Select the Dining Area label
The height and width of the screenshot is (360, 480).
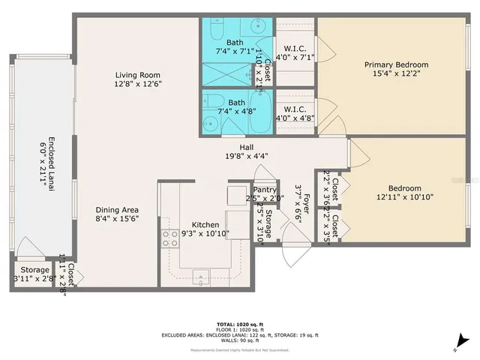click(x=116, y=210)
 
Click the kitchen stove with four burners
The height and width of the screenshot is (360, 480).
click(x=169, y=238)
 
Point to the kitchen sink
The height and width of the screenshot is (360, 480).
click(x=202, y=277)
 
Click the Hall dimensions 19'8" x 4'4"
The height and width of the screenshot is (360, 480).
click(x=245, y=156)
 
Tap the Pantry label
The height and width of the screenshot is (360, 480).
click(x=265, y=190)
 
